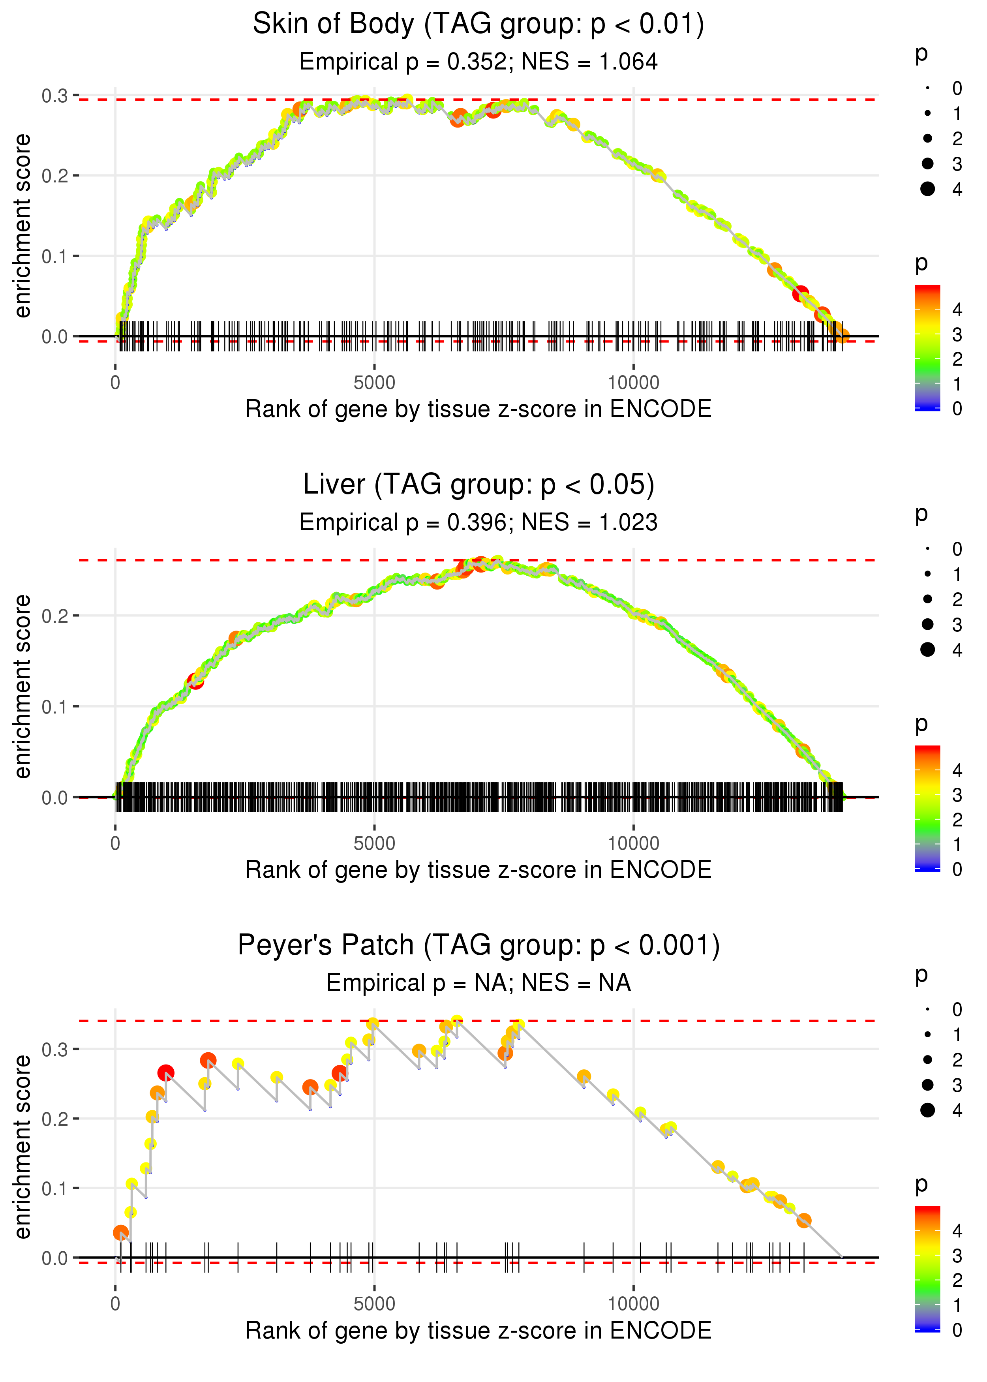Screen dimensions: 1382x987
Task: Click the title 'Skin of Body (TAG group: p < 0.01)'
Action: click(478, 24)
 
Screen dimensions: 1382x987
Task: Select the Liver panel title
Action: click(478, 485)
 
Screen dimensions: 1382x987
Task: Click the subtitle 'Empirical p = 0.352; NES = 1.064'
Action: click(478, 62)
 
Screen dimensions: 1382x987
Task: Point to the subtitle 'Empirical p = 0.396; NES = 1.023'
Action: click(478, 523)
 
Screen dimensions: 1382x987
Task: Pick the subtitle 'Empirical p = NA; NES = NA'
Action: click(478, 983)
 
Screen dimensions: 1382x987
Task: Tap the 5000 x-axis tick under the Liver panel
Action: click(374, 843)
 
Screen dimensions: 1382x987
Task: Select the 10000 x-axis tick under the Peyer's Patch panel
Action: click(633, 1303)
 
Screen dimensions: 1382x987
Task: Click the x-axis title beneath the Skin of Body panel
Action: click(478, 409)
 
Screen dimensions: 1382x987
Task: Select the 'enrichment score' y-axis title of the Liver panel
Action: click(23, 687)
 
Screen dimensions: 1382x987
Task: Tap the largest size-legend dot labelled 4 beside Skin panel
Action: click(927, 189)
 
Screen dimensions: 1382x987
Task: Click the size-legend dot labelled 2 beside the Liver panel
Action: click(927, 599)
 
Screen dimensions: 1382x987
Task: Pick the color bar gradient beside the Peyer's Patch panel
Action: click(927, 1268)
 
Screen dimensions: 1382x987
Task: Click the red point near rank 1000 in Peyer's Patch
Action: click(166, 1073)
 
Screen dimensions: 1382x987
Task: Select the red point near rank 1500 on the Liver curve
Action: click(195, 681)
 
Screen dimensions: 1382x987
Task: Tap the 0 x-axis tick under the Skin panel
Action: click(115, 383)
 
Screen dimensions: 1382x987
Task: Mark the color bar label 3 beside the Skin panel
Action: click(957, 335)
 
